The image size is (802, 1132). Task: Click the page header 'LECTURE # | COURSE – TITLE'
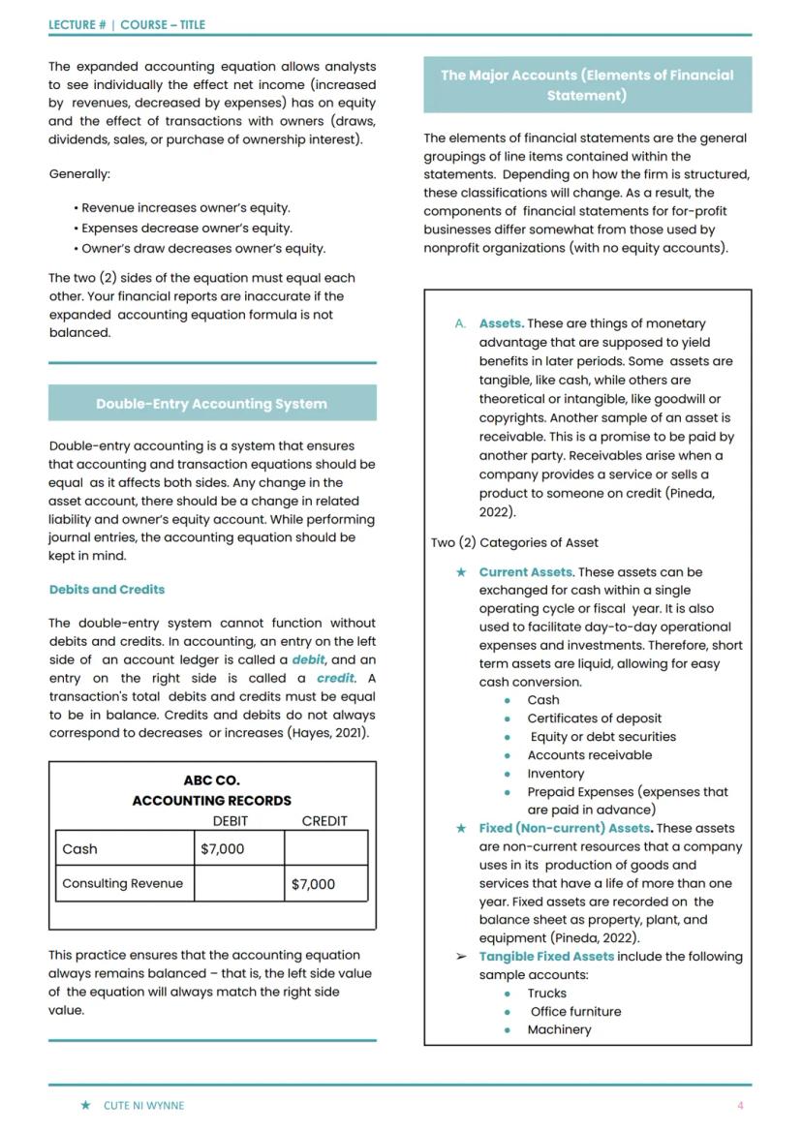pyautogui.click(x=127, y=25)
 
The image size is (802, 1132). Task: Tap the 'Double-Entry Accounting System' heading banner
pyautogui.click(x=211, y=404)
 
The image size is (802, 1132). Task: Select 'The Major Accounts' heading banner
pyautogui.click(x=586, y=85)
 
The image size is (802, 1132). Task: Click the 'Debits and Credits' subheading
pyautogui.click(x=107, y=589)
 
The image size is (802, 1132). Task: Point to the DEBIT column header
pyautogui.click(x=231, y=820)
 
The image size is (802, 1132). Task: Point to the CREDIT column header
pyautogui.click(x=324, y=820)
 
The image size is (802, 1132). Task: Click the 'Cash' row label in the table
pyautogui.click(x=80, y=849)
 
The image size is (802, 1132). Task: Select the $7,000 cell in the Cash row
pyautogui.click(x=223, y=849)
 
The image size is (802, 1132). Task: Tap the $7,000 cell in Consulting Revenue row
pyautogui.click(x=313, y=883)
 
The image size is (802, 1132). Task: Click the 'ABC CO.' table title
pyautogui.click(x=211, y=780)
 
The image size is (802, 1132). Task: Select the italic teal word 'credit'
pyautogui.click(x=335, y=678)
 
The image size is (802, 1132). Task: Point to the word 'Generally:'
pyautogui.click(x=79, y=174)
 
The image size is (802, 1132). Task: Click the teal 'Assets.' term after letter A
pyautogui.click(x=501, y=323)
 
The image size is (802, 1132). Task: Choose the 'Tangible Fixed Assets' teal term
pyautogui.click(x=546, y=956)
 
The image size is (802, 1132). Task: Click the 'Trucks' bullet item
pyautogui.click(x=546, y=993)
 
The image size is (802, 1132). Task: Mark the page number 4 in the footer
pyautogui.click(x=740, y=1105)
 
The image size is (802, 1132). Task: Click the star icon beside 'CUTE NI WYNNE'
pyautogui.click(x=86, y=1105)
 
